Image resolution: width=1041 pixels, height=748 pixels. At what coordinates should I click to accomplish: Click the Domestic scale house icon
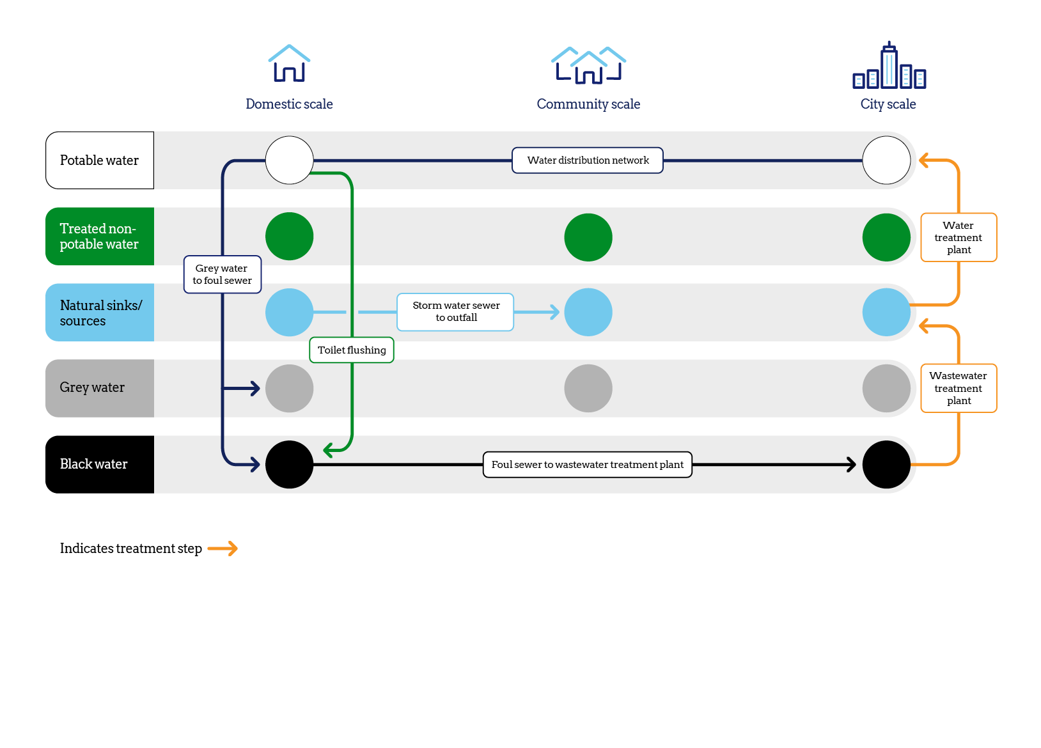tap(289, 63)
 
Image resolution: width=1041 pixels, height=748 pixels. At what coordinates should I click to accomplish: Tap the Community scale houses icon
tap(588, 65)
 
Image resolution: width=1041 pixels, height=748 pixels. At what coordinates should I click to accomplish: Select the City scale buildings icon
tap(889, 66)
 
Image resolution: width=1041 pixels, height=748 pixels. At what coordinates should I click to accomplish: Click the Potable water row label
tap(100, 160)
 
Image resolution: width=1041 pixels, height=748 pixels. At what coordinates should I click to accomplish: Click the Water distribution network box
tap(588, 160)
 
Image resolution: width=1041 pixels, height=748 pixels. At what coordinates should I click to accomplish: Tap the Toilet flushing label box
tap(352, 350)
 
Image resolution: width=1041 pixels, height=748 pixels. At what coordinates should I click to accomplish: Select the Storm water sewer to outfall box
tap(455, 312)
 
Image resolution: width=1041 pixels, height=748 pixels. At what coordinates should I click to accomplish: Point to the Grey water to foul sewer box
tap(223, 274)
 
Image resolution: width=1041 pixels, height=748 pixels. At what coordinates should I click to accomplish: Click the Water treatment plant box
tap(959, 237)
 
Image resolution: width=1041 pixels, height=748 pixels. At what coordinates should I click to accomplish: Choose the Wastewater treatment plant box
tap(959, 388)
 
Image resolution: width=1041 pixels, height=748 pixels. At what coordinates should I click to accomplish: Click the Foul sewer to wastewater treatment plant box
tap(587, 465)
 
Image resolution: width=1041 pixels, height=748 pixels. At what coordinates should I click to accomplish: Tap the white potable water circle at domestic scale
tap(290, 160)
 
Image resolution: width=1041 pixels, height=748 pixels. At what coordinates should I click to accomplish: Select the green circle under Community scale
tap(588, 237)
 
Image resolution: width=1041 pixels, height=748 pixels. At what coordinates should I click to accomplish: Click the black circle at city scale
tap(886, 465)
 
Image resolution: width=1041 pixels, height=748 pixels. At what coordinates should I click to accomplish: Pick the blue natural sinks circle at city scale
tap(886, 312)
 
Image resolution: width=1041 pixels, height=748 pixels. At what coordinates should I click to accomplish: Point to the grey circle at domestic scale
tap(290, 388)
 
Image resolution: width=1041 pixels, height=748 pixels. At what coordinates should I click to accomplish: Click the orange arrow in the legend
tap(223, 549)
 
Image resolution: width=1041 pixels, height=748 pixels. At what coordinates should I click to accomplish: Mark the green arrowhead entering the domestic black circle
tap(329, 450)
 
